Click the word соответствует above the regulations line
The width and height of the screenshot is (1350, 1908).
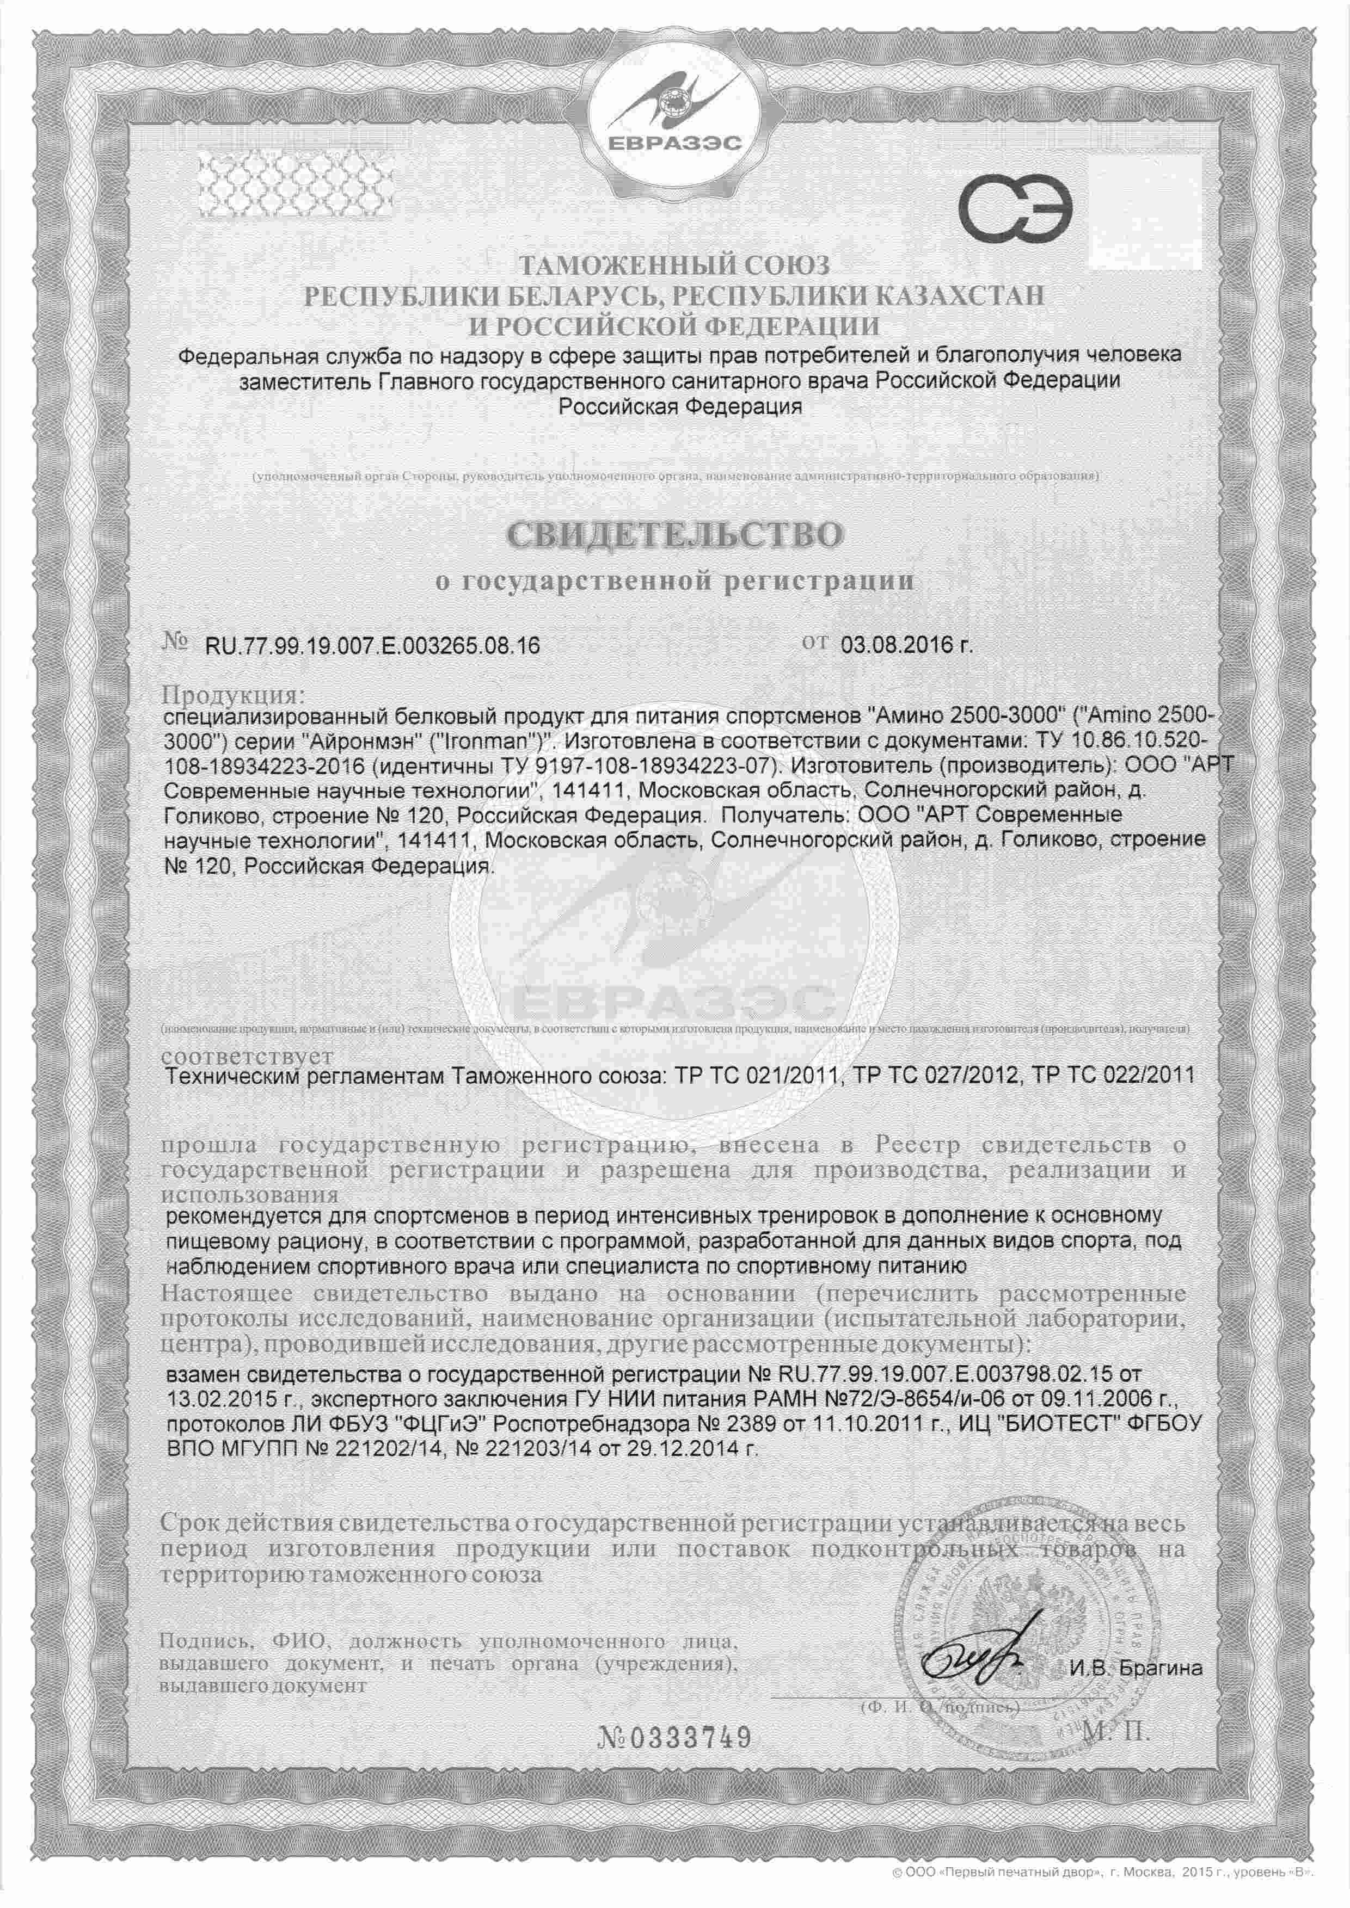(249, 1056)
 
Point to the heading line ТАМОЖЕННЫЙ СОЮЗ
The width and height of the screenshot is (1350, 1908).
(675, 266)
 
